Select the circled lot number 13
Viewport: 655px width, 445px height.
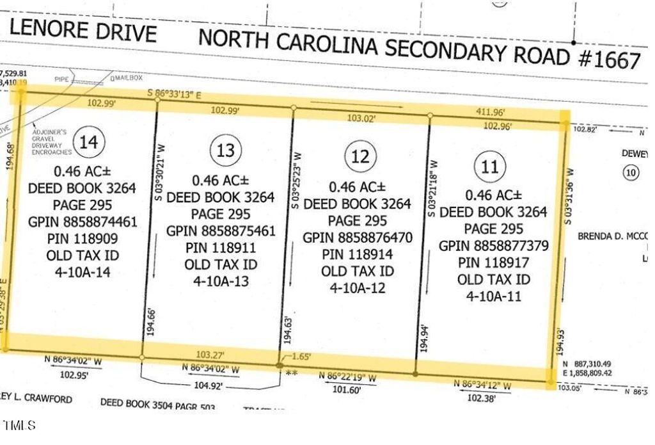click(226, 151)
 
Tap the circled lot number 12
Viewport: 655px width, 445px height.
click(361, 156)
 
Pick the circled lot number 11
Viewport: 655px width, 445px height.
click(489, 168)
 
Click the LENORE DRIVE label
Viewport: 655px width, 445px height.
click(83, 31)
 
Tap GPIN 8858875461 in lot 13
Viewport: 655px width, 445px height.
click(221, 231)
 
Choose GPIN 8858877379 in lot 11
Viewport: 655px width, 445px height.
click(493, 246)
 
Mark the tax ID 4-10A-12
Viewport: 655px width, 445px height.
click(358, 288)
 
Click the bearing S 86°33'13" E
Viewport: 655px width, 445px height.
click(175, 94)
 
